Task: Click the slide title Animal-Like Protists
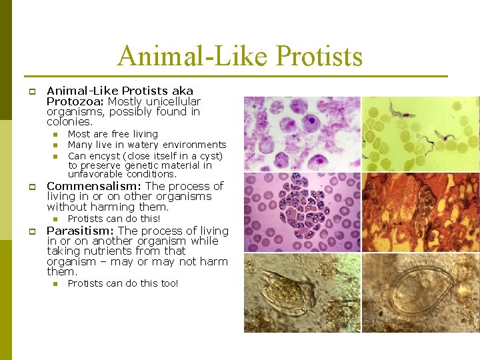point(240,56)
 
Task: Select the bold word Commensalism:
point(94,186)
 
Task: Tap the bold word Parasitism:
point(81,231)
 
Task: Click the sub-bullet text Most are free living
point(113,134)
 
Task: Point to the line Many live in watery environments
point(147,145)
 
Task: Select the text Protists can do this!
point(114,219)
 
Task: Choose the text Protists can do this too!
point(123,283)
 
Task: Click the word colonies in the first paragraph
point(69,122)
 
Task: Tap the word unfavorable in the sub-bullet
point(95,175)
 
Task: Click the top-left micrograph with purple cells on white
point(301,133)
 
